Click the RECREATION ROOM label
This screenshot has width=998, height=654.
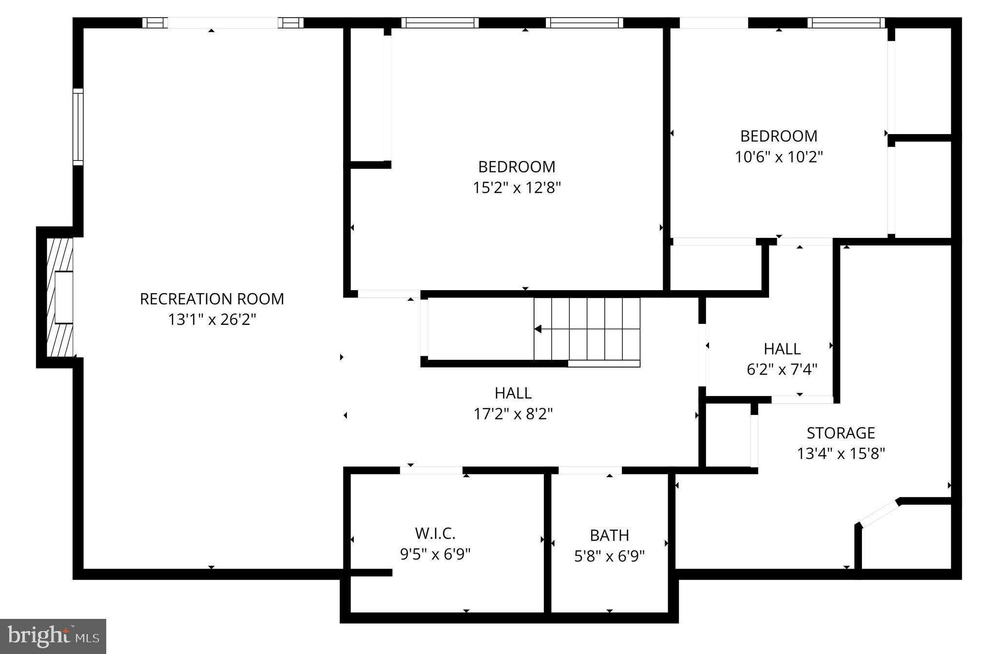click(212, 298)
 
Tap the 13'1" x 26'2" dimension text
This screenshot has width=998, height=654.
click(212, 320)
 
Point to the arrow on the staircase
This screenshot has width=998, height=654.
click(538, 329)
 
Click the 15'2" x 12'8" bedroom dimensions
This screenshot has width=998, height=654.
click(517, 188)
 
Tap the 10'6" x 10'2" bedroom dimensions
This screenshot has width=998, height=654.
click(779, 157)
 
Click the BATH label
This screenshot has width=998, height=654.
click(609, 535)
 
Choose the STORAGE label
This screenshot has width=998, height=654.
click(841, 433)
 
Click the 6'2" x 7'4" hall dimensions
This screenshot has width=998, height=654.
click(782, 370)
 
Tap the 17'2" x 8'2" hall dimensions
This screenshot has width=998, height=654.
click(513, 414)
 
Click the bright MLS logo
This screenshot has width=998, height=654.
click(53, 636)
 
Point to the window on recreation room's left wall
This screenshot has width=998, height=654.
click(78, 127)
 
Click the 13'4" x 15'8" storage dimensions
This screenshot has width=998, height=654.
click(841, 454)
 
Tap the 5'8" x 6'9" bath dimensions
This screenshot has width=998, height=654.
click(609, 556)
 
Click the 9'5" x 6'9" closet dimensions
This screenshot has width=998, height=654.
click(435, 555)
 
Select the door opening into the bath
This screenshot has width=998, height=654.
click(590, 471)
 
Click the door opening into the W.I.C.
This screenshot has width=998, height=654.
click(431, 471)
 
